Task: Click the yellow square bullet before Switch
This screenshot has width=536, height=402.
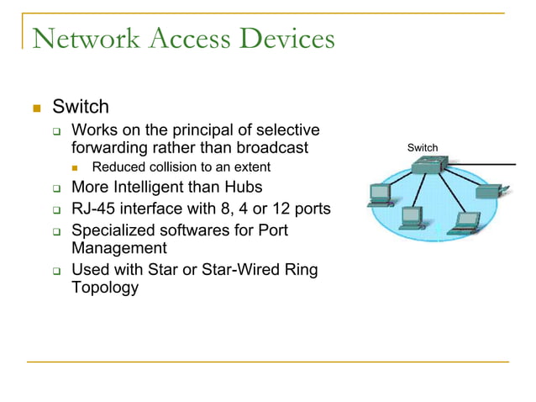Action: (x=35, y=108)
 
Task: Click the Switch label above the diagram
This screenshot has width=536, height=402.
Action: (x=422, y=148)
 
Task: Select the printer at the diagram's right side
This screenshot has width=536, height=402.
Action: (x=489, y=192)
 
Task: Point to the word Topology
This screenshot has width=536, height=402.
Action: (x=105, y=288)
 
